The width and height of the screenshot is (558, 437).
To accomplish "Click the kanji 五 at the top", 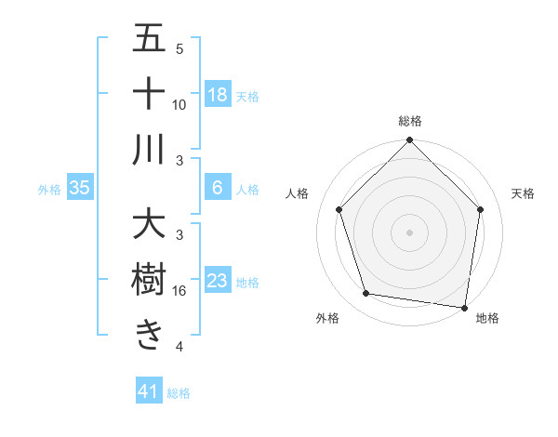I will (x=149, y=39).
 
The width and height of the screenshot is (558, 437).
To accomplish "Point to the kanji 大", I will (x=149, y=226).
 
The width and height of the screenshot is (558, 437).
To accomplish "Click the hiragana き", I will (x=149, y=334).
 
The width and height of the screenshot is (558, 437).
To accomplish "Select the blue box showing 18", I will (x=218, y=95).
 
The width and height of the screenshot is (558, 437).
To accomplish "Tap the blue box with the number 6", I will (x=218, y=188).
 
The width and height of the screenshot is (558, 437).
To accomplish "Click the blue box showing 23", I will (x=218, y=282).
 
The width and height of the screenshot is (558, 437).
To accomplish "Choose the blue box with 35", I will (x=80, y=189).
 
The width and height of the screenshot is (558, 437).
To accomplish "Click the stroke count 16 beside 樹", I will (x=179, y=291).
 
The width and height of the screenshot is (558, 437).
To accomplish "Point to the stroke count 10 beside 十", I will (x=179, y=104).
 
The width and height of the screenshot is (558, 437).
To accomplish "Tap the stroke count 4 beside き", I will (x=179, y=347).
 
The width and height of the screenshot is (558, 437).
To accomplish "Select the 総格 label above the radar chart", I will (x=410, y=121).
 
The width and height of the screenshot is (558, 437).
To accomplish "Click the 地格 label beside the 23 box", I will (x=247, y=283).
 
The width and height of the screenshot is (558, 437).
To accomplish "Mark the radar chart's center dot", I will (x=409, y=232).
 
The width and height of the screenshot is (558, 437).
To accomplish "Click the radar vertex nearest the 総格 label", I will (x=409, y=142).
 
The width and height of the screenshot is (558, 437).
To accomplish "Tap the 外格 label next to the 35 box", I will (x=48, y=190).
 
